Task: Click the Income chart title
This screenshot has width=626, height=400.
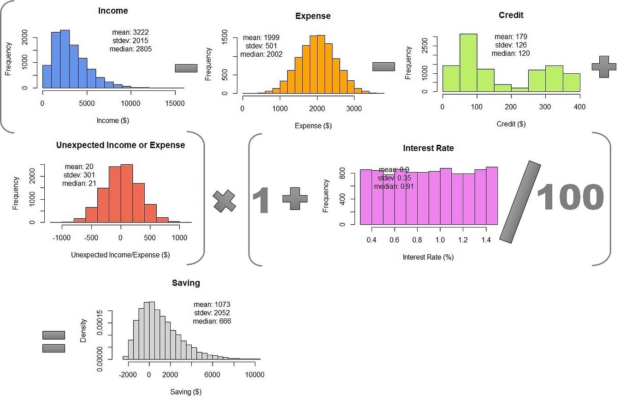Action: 113,11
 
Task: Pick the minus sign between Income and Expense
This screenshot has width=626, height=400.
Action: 186,68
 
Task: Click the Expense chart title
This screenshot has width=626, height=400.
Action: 313,16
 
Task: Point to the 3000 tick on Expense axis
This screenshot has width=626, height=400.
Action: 354,109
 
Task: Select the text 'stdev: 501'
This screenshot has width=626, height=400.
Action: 261,46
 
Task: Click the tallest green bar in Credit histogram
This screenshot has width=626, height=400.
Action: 468,63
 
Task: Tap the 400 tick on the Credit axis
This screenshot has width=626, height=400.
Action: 579,107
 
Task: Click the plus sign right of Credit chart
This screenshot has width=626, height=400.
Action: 603,66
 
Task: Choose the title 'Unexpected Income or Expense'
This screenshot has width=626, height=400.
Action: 120,145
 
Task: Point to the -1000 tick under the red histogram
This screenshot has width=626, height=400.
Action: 61,238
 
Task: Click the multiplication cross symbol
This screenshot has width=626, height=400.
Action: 224,202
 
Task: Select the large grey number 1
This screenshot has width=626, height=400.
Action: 262,199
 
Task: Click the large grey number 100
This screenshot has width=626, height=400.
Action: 570,197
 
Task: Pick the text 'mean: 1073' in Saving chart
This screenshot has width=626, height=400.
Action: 212,304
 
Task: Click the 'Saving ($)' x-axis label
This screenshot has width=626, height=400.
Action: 186,392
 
